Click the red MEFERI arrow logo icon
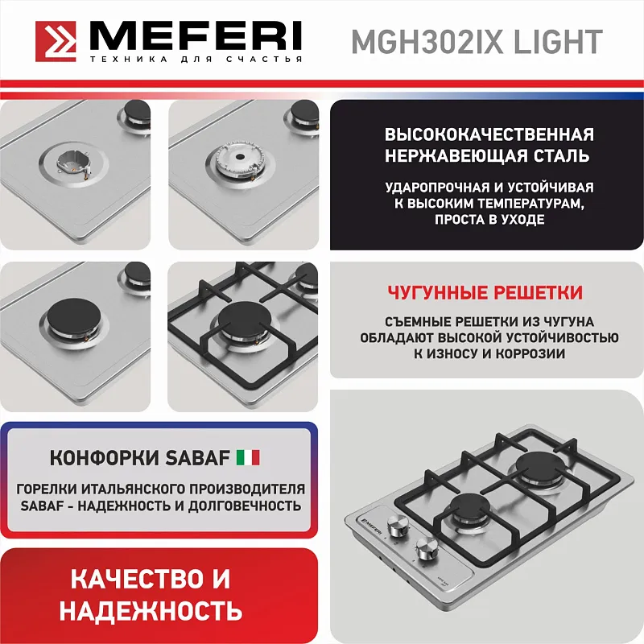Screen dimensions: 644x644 [57, 41]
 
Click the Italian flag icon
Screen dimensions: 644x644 [247, 458]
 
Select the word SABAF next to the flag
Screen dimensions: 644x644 [198, 458]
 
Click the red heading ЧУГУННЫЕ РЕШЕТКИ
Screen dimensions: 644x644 [485, 292]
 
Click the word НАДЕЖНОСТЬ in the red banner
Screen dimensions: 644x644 [151, 609]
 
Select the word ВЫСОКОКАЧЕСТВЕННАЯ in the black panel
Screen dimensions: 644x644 [489, 134]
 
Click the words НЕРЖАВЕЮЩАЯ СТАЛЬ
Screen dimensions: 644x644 [489, 155]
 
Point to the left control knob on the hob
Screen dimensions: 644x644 [398, 526]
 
